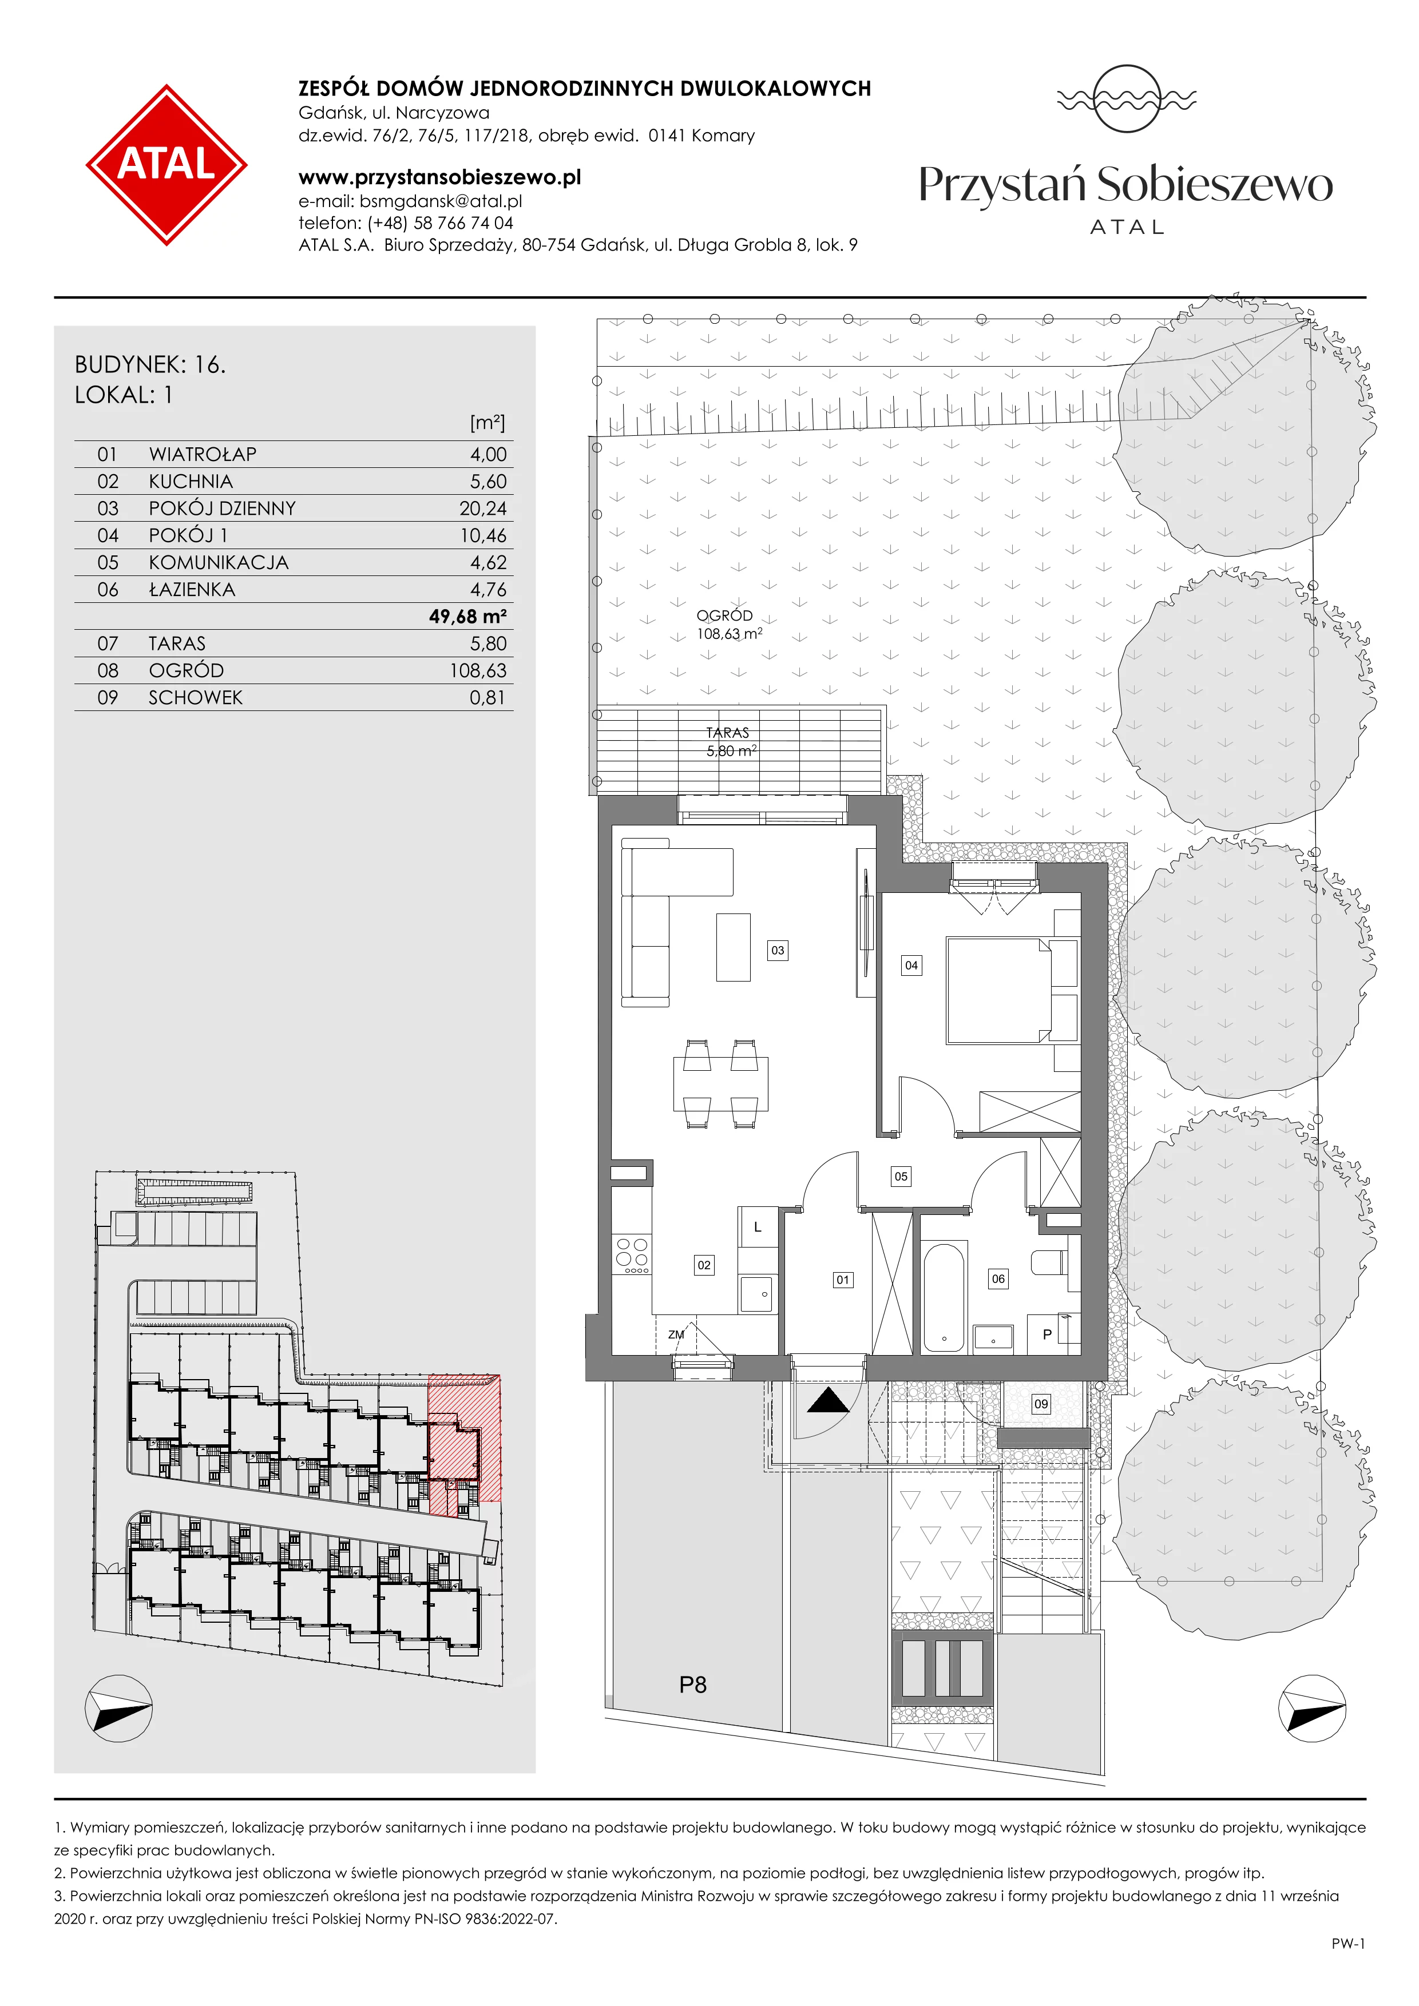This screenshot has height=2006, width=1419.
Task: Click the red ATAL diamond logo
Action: click(166, 164)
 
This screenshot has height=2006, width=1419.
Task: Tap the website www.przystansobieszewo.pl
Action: click(439, 177)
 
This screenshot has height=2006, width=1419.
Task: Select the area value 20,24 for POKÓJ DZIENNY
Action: click(483, 509)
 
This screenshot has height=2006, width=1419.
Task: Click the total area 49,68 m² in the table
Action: click(467, 616)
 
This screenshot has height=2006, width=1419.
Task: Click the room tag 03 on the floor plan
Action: click(778, 950)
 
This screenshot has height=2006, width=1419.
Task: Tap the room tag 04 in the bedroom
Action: click(911, 966)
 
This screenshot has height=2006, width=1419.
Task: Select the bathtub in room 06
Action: click(944, 1297)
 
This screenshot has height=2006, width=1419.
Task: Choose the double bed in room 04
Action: click(998, 990)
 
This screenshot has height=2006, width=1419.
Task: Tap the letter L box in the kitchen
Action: click(758, 1228)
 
